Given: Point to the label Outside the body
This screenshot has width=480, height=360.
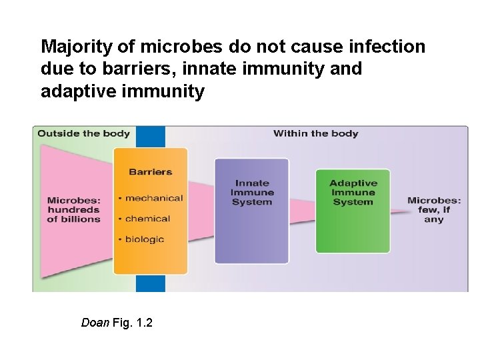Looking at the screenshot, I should (x=83, y=133).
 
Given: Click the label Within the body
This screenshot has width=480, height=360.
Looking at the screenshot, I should (x=315, y=133).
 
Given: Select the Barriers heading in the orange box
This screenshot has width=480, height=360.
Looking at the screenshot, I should (x=150, y=172).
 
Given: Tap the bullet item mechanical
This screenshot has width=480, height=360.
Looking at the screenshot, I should (x=153, y=198).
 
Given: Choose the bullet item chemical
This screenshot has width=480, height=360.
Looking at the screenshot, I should (x=147, y=219).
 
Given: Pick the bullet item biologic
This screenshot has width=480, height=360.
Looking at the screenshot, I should (x=144, y=239).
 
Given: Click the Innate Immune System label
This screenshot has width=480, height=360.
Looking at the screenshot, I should (x=251, y=193).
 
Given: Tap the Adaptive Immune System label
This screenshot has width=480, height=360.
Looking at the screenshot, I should (x=353, y=193).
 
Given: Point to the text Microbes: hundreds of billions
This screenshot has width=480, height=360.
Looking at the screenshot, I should (x=73, y=209).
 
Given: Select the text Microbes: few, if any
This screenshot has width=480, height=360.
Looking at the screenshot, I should (x=433, y=209).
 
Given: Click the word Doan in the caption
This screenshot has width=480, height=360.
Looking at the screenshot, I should (x=95, y=323).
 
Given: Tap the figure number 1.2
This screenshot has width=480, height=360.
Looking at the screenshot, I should (x=143, y=323).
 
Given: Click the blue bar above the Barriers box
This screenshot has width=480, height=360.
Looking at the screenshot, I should (x=150, y=137).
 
